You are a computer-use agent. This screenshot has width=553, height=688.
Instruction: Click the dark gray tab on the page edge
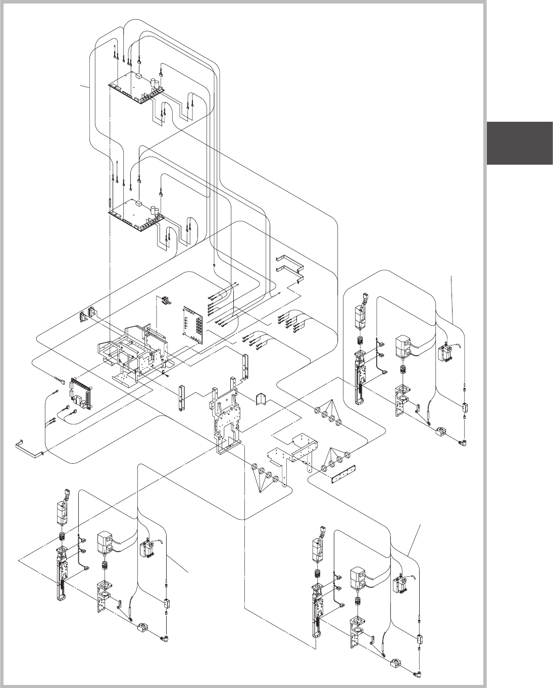520,143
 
